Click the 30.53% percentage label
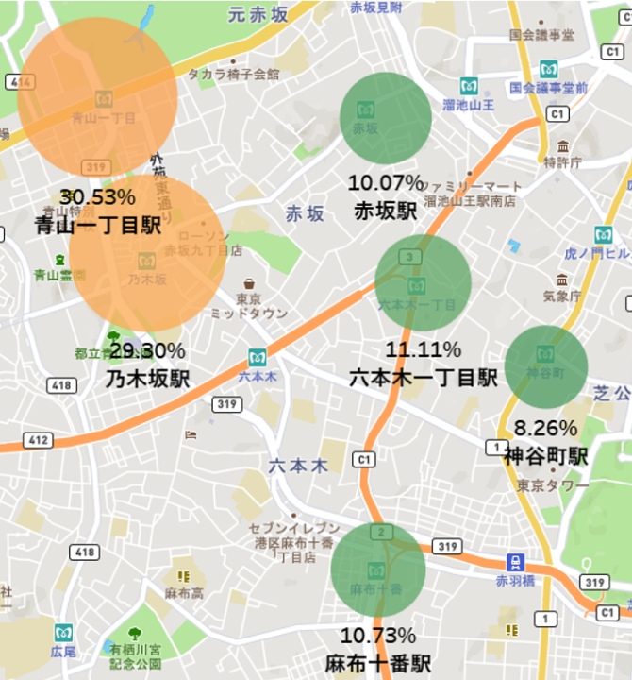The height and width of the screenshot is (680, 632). pyautogui.click(x=97, y=197)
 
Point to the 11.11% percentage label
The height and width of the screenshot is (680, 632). pyautogui.click(x=423, y=349)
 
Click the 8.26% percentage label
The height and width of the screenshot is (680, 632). pyautogui.click(x=545, y=428)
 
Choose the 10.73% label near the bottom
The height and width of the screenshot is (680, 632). pyautogui.click(x=377, y=635)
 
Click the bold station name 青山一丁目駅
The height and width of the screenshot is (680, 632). pyautogui.click(x=97, y=225)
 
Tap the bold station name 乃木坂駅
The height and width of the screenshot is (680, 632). pyautogui.click(x=147, y=379)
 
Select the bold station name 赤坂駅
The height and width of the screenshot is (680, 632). pyautogui.click(x=385, y=210)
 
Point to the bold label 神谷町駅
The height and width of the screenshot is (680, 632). pyautogui.click(x=545, y=456)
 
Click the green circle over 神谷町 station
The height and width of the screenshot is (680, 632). pyautogui.click(x=546, y=367)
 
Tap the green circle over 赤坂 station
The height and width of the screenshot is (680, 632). pyautogui.click(x=385, y=118)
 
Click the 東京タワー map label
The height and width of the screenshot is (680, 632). pyautogui.click(x=546, y=485)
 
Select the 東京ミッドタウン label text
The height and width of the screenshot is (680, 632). pyautogui.click(x=248, y=304)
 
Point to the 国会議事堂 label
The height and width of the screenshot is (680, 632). pyautogui.click(x=541, y=35)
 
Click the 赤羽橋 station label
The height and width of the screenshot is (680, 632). pyautogui.click(x=515, y=580)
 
